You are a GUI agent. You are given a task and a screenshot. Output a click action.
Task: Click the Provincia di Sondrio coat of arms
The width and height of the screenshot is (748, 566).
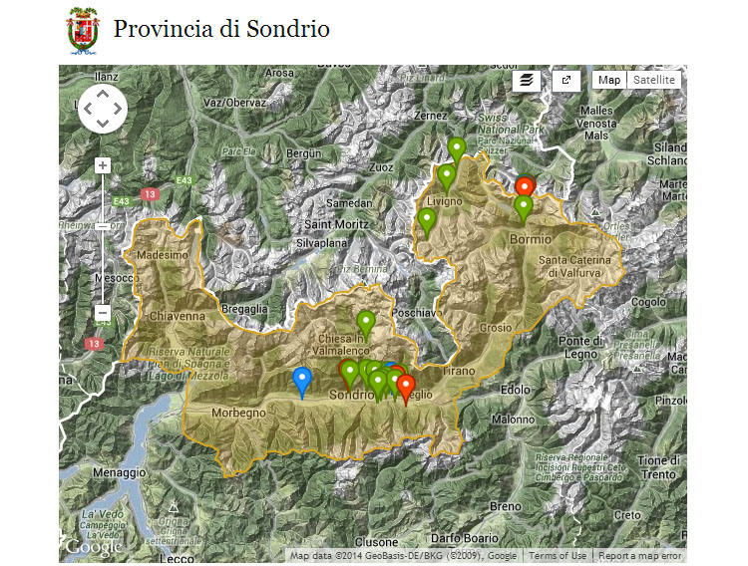pyautogui.click(x=82, y=29)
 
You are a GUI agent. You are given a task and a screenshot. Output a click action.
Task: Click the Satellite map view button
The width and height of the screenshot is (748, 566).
pyautogui.click(x=654, y=81)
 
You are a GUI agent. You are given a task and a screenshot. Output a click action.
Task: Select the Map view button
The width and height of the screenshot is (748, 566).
pyautogui.click(x=608, y=81)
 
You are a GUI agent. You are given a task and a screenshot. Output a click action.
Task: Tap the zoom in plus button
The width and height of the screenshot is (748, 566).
pyautogui.click(x=102, y=165)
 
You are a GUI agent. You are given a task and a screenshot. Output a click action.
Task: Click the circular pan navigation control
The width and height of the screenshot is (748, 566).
pyautogui.click(x=103, y=109)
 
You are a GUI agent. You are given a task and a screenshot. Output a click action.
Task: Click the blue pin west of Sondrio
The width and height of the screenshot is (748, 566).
pyautogui.click(x=301, y=380)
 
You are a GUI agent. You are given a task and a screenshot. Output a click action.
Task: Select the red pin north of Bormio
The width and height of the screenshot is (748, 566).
pyautogui.click(x=525, y=187)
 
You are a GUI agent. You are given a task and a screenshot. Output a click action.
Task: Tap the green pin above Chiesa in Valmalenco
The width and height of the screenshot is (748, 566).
pyautogui.click(x=366, y=323)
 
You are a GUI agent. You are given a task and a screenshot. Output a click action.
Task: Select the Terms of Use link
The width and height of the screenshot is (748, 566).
pyautogui.click(x=558, y=556)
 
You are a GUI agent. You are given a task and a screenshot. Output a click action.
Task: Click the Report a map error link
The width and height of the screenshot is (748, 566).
pyautogui.click(x=640, y=556)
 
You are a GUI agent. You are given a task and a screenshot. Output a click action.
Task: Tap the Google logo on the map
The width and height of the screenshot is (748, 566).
pyautogui.click(x=93, y=546)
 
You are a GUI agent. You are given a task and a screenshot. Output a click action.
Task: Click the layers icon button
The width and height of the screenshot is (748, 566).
pyautogui.click(x=527, y=81)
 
